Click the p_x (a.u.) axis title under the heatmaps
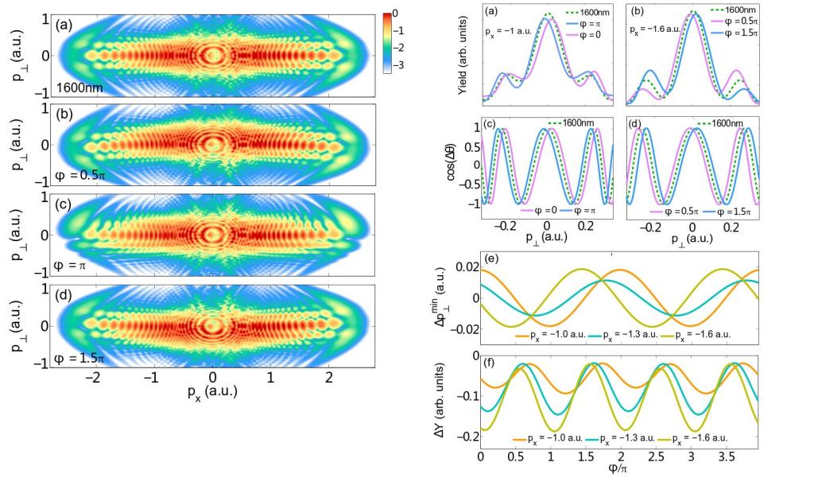(x=211, y=391)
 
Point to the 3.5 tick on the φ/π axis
(x=727, y=459)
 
